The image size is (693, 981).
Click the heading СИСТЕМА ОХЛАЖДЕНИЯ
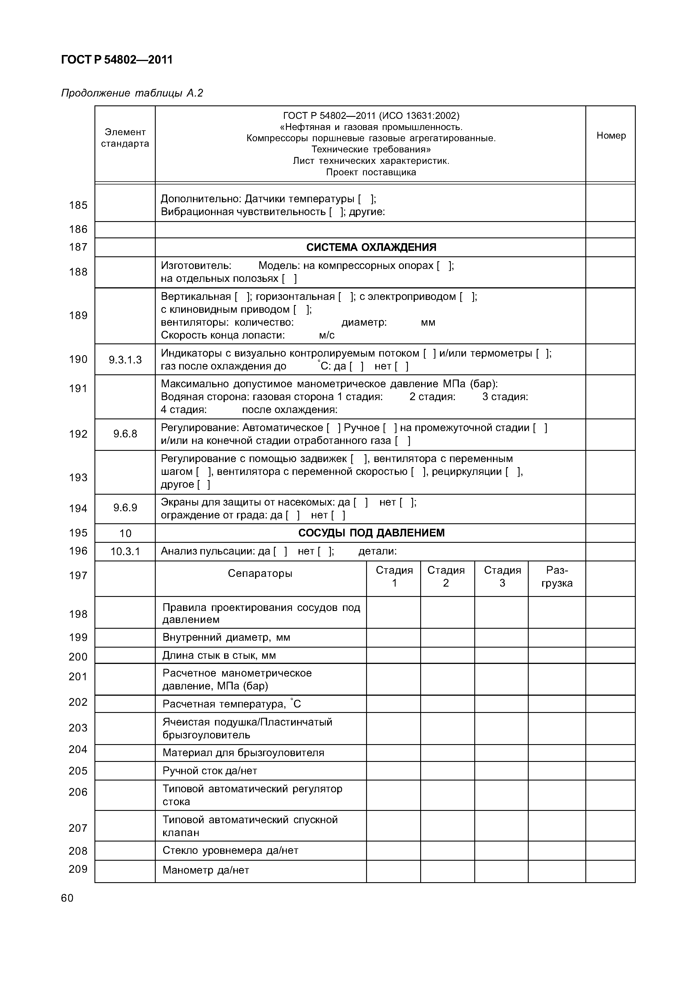[371, 247]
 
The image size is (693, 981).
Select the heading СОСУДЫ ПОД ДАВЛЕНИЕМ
[371, 533]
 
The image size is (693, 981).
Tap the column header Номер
[611, 135]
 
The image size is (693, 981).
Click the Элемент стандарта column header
[125, 137]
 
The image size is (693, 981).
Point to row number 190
[78, 359]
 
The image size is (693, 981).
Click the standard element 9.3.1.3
[125, 360]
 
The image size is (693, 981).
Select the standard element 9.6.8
[125, 434]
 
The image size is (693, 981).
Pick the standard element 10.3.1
[125, 552]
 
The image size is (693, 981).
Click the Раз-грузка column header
[557, 576]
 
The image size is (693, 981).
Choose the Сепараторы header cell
[260, 573]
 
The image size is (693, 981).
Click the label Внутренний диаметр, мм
[226, 638]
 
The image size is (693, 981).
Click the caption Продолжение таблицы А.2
[132, 93]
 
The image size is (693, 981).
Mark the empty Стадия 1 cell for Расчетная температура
[393, 704]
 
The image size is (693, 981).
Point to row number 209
[78, 869]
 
